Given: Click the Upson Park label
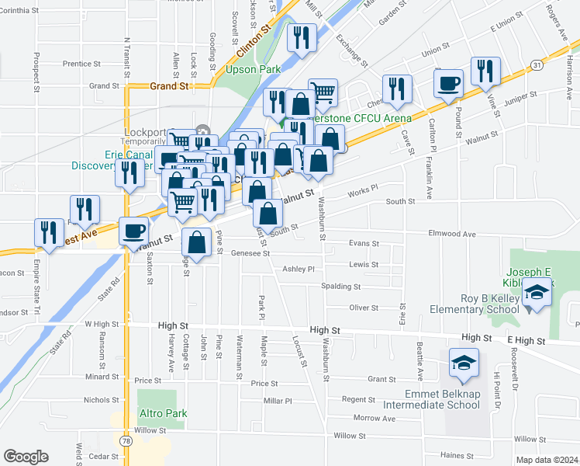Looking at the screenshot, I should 252,69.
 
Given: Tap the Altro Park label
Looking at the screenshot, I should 162,412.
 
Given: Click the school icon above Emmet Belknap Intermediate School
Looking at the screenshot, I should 464,363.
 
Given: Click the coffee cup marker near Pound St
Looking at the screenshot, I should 448,82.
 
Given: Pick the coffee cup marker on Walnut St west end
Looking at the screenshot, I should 134,230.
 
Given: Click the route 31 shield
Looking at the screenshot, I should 536,64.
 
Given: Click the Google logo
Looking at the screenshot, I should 26,457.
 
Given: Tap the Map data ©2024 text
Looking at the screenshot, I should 547,460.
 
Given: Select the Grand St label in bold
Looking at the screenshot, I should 170,86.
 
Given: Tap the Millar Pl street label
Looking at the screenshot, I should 277,401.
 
